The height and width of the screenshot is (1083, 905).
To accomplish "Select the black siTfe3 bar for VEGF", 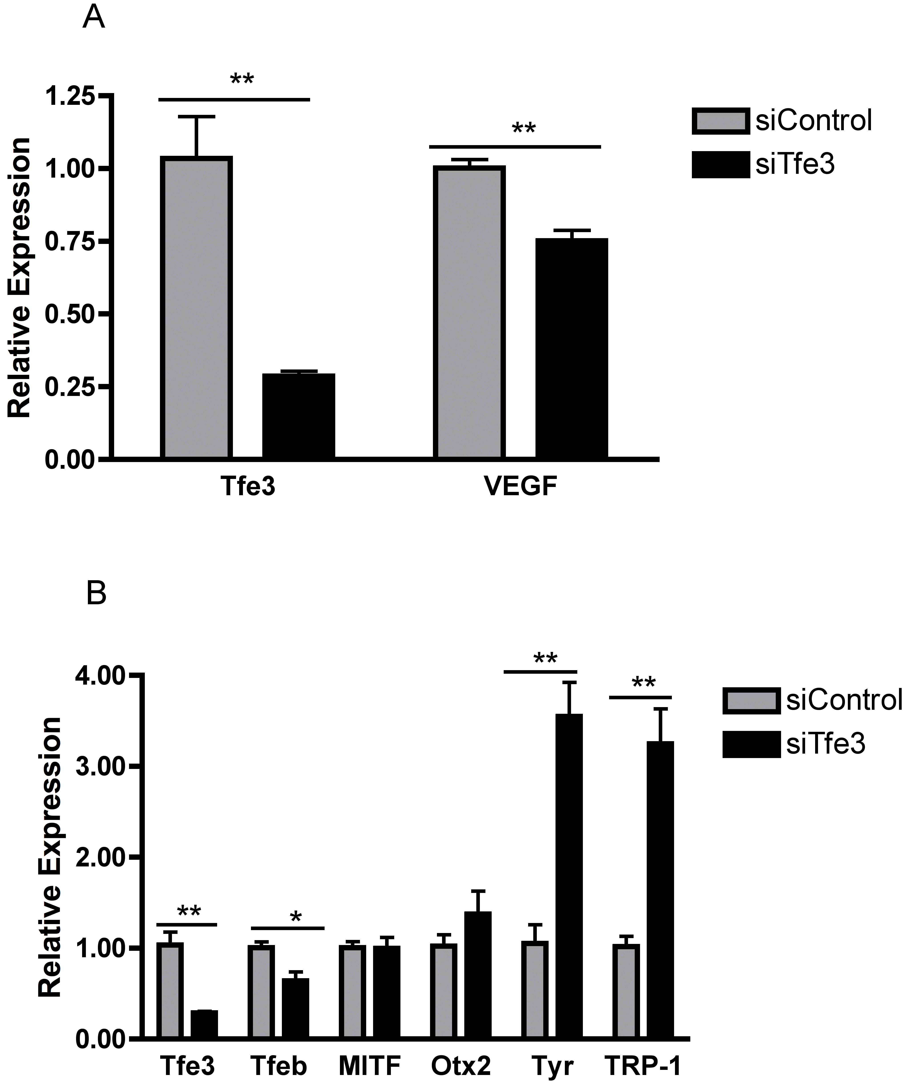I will (571, 348).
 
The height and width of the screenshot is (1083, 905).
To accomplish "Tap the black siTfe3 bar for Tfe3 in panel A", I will (298, 415).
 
